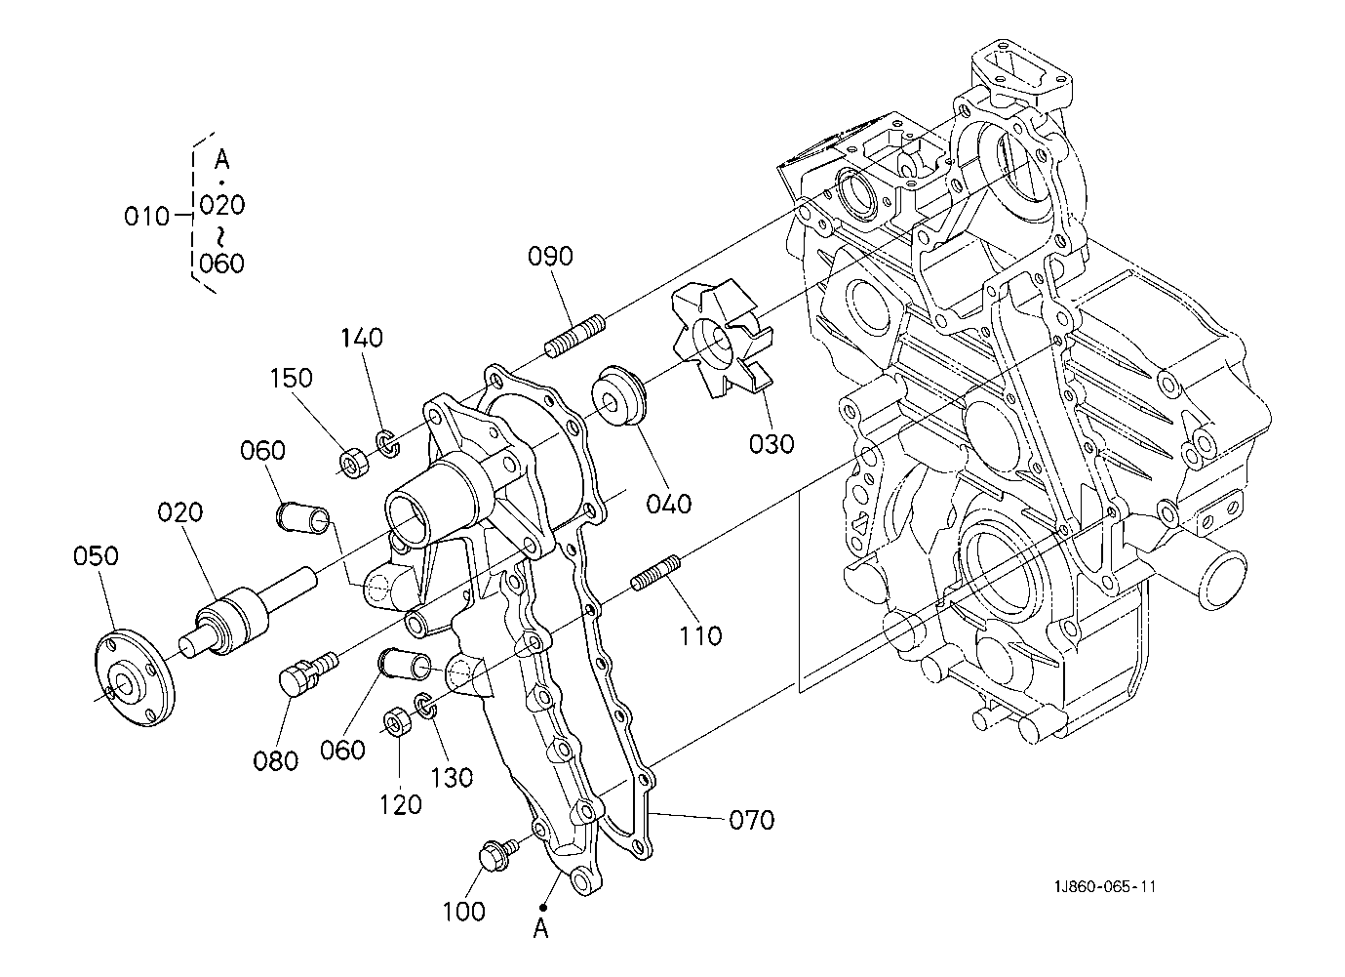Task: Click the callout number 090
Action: tap(550, 257)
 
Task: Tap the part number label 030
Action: tap(771, 445)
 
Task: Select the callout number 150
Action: tap(292, 379)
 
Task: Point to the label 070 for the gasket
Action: tap(752, 820)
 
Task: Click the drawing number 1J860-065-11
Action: tap(1105, 887)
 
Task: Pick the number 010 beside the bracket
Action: tap(146, 217)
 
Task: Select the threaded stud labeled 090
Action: tap(575, 336)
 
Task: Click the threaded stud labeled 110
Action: tap(655, 573)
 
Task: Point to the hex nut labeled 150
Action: tap(355, 463)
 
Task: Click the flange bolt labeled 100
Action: tap(497, 853)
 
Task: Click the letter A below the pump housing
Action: tap(541, 930)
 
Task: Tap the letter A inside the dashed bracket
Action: tap(222, 160)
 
